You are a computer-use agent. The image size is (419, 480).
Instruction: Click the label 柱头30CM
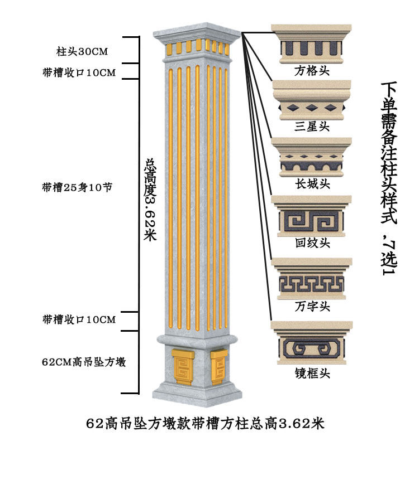tap(82, 52)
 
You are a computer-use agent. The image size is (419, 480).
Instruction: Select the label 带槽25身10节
tap(78, 188)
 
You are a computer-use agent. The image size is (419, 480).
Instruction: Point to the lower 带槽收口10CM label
tap(79, 319)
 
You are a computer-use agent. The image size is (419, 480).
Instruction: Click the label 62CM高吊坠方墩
tap(84, 362)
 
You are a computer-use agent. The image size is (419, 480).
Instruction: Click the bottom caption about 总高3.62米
tap(205, 423)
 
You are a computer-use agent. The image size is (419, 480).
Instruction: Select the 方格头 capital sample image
tap(311, 43)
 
